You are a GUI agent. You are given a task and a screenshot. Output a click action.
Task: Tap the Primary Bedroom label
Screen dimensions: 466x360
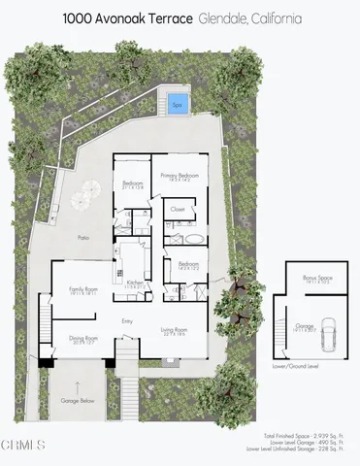pyautogui.click(x=180, y=175)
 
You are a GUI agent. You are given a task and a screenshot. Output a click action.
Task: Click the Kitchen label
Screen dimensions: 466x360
pyautogui.click(x=135, y=283)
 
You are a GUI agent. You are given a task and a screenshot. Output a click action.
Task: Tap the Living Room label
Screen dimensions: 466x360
pyautogui.click(x=175, y=330)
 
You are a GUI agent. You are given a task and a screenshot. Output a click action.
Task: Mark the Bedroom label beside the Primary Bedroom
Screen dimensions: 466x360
pyautogui.click(x=133, y=183)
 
